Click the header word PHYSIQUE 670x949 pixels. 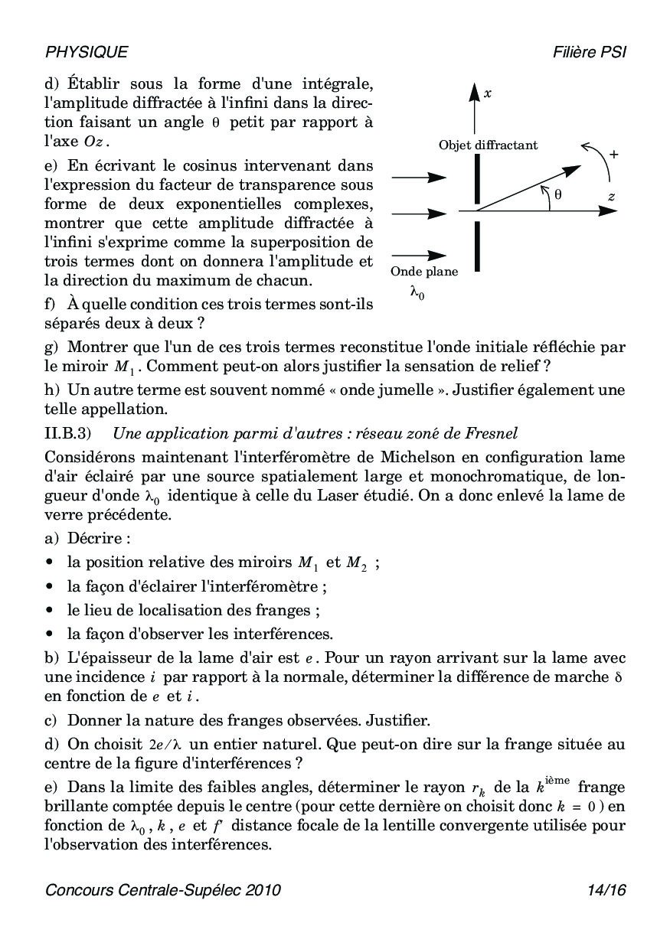click(87, 52)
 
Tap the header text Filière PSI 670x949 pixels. click(589, 52)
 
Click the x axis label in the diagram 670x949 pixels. click(488, 93)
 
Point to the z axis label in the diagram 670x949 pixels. click(611, 196)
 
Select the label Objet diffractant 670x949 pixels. click(488, 145)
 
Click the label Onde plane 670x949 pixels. click(424, 272)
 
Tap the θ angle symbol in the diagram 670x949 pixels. click(558, 196)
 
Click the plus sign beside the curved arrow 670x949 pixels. click(613, 154)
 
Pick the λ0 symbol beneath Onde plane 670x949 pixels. click(417, 292)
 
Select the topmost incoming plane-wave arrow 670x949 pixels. click(419, 178)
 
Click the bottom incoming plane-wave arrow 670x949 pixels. click(419, 256)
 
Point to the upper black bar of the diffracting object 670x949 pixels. click(477, 177)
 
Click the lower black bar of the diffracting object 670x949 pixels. click(477, 246)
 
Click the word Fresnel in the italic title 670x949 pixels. click(492, 433)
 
